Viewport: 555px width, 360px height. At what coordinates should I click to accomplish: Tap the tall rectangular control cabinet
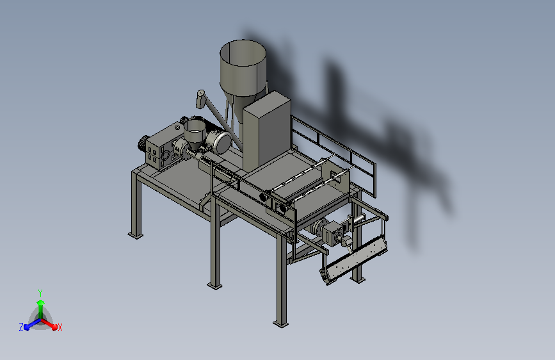click(267, 129)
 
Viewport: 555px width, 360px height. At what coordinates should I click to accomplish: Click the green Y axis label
click(40, 293)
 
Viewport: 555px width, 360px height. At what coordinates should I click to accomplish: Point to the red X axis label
click(60, 327)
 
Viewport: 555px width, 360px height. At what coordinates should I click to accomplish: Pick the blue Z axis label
click(21, 327)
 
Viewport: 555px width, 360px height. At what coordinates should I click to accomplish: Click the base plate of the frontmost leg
click(280, 324)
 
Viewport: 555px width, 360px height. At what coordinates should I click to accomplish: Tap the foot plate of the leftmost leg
click(136, 235)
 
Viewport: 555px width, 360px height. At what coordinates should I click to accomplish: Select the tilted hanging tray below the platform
click(354, 261)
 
